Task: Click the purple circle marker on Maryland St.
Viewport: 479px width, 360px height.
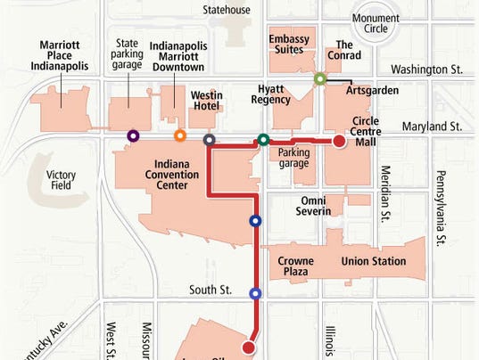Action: (x=133, y=136)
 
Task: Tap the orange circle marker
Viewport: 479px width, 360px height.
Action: (x=180, y=136)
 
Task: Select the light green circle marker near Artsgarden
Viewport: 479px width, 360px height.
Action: (x=320, y=78)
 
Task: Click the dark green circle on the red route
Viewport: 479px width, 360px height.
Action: (x=263, y=140)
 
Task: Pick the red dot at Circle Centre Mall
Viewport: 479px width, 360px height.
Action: (x=339, y=141)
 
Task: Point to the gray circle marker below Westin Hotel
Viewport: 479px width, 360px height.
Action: (x=209, y=140)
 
